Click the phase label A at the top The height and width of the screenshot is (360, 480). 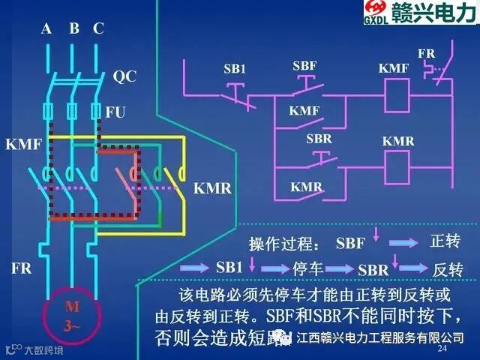pos(46,29)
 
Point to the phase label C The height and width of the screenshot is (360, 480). pos(98,29)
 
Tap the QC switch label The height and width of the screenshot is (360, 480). pos(124,76)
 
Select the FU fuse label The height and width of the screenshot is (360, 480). pos(115,112)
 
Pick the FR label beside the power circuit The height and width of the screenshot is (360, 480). pos(21,268)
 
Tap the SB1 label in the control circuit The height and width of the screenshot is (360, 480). pos(235,69)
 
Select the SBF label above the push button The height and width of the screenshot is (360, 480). pos(304,66)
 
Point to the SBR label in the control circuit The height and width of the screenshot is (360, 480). pos(319,139)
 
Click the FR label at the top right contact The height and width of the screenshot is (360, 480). pos(426,54)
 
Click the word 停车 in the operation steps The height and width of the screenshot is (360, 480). pos(307,268)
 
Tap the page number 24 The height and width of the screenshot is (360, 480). pos(442,349)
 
